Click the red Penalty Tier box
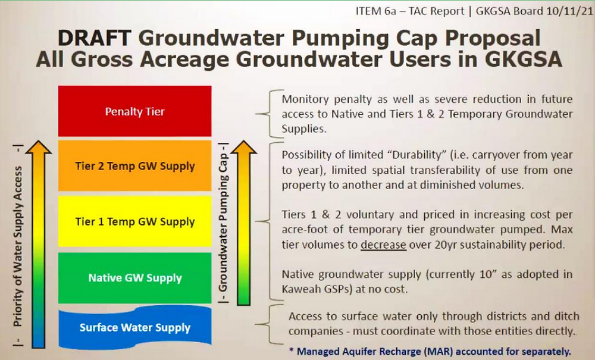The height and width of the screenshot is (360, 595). coord(134,111)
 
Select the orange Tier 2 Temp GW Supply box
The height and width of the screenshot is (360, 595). coord(134,166)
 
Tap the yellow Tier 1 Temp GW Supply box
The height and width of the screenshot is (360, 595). coord(134,222)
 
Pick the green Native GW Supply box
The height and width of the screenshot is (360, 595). coord(134,278)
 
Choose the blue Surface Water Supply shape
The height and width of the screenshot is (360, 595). coord(134,327)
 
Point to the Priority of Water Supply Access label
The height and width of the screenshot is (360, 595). coord(18,246)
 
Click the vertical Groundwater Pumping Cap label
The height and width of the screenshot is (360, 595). coord(224,223)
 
